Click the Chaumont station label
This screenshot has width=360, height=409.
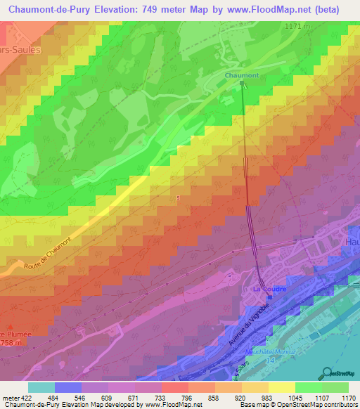[x=242, y=74]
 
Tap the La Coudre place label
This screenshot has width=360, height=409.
[x=267, y=289]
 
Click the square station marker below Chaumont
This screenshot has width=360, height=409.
[x=243, y=83]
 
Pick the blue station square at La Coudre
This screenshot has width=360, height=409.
[x=269, y=297]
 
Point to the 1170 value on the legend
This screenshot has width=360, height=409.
[x=347, y=396]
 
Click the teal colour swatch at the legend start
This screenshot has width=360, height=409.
[x=41, y=387]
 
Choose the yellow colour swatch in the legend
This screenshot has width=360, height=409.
[x=282, y=387]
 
